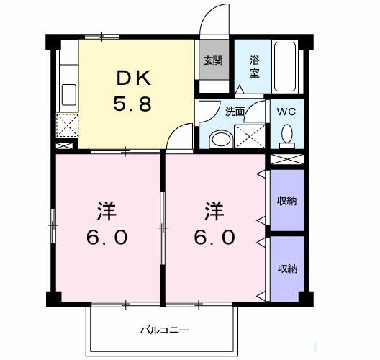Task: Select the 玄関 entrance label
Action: tap(212, 60)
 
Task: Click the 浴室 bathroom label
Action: tap(255, 67)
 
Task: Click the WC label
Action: tap(286, 112)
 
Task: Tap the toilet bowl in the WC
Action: tap(286, 134)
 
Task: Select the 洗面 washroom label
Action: tap(235, 112)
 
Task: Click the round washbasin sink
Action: tap(221, 138)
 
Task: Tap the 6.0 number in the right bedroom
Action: tap(213, 237)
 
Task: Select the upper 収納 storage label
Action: tap(287, 200)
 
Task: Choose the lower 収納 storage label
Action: tap(287, 268)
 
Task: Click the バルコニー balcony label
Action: tap(164, 330)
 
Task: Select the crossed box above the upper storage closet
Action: tap(287, 159)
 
